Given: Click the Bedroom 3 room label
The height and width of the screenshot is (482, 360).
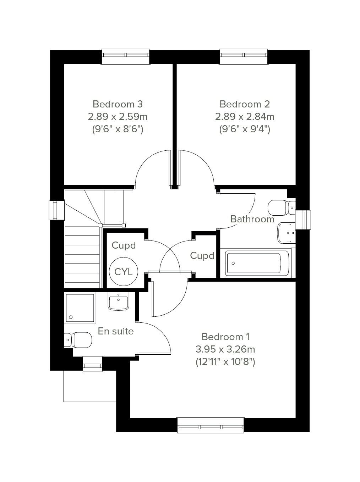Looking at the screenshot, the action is pyautogui.click(x=118, y=104).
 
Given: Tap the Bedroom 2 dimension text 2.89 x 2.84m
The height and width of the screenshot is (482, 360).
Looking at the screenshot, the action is pyautogui.click(x=245, y=117).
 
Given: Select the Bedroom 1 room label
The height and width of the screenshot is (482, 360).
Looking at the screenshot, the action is pyautogui.click(x=225, y=337).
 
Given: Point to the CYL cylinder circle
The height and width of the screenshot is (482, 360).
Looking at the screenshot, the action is pyautogui.click(x=124, y=272).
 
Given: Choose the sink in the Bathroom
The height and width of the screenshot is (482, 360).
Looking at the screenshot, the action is pyautogui.click(x=287, y=233).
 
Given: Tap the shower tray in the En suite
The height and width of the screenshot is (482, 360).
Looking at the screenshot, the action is pyautogui.click(x=80, y=308).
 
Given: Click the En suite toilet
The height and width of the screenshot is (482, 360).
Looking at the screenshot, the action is pyautogui.click(x=78, y=340).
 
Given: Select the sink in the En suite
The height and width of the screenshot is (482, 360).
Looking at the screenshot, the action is pyautogui.click(x=119, y=301).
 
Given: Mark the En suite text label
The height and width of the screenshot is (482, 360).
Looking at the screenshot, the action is pyautogui.click(x=116, y=331).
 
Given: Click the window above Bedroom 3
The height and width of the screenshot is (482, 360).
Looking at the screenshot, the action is pyautogui.click(x=125, y=57).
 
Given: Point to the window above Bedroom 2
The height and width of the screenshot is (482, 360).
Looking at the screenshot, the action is pyautogui.click(x=244, y=57).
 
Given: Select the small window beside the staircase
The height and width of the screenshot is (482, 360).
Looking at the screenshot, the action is pyautogui.click(x=56, y=210).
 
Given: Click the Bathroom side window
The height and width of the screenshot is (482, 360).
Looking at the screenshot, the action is pyautogui.click(x=303, y=220).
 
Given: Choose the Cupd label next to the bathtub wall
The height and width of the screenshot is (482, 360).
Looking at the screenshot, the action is pyautogui.click(x=202, y=256).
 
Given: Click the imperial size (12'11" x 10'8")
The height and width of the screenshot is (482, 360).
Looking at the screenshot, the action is pyautogui.click(x=225, y=362).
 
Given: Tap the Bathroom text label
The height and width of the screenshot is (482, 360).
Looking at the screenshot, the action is pyautogui.click(x=252, y=219).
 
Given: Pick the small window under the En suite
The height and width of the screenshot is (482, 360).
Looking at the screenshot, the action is pyautogui.click(x=93, y=364).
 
